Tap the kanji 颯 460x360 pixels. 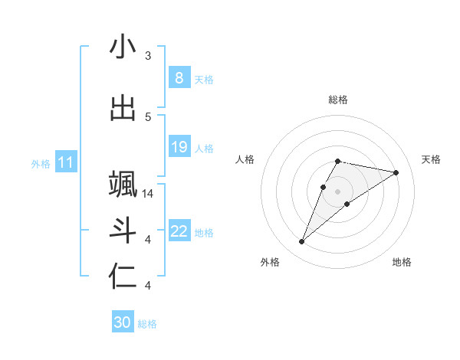[x=123, y=185]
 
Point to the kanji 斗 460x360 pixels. [x=123, y=231]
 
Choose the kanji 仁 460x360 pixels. [x=123, y=277]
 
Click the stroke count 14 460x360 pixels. [x=148, y=194]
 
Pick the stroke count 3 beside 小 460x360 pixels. [x=148, y=56]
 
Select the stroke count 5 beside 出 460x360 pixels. [x=148, y=117]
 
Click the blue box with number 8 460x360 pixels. [x=179, y=78]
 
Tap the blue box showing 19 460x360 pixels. [x=179, y=147]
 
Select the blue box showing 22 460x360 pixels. [x=179, y=231]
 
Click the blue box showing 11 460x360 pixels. [x=66, y=162]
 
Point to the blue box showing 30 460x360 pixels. [x=122, y=323]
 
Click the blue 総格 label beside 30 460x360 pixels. [x=147, y=324]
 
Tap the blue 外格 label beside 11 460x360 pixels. [x=41, y=163]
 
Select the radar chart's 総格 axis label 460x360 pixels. [x=337, y=100]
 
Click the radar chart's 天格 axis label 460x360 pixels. [x=432, y=159]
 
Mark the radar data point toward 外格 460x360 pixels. [x=302, y=242]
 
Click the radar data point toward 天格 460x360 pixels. [x=396, y=172]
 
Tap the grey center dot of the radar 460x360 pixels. [x=337, y=191]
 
